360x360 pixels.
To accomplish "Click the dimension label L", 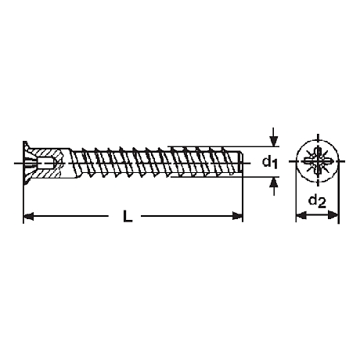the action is click(128, 216).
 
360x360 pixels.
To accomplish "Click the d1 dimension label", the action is click(270, 163).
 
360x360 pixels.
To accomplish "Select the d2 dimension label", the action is click(317, 201).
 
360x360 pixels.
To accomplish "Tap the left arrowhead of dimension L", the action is click(29, 216).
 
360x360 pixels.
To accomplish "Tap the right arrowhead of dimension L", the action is click(238, 216).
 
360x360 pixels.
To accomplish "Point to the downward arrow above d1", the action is click(273, 137).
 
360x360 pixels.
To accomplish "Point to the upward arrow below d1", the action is click(273, 186).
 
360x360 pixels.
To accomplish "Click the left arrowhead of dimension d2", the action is click(301, 215).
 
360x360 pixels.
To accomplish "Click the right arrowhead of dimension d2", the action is click(333, 215).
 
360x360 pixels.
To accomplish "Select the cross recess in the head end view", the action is click(318, 161).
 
